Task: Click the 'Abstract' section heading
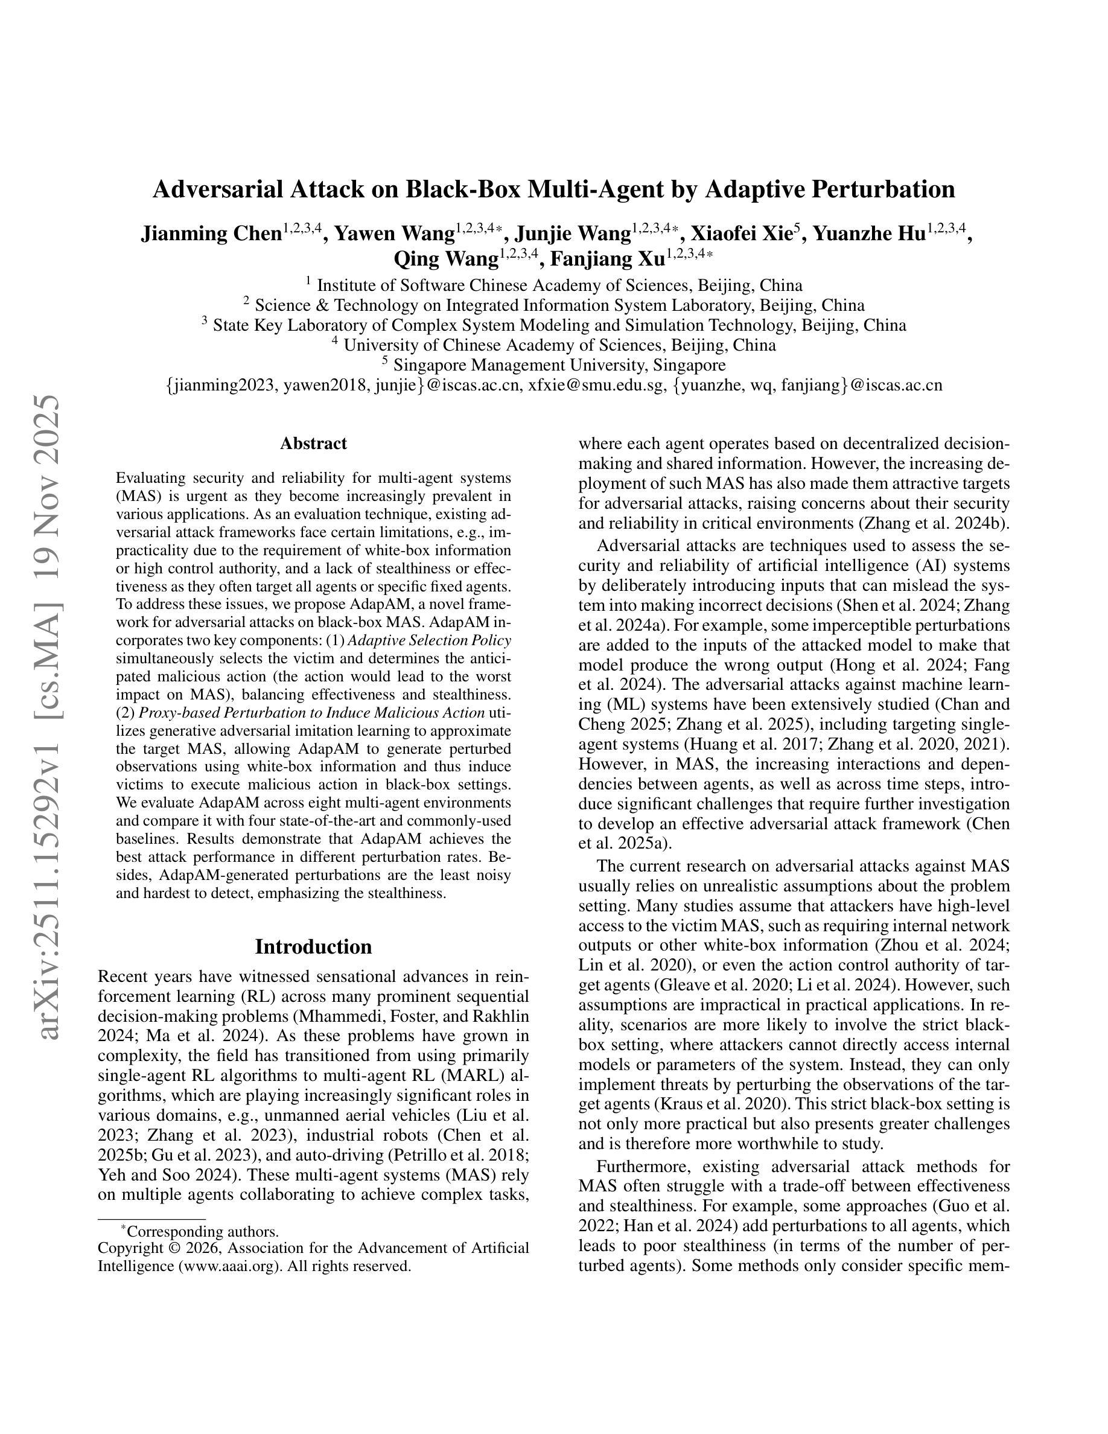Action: (313, 443)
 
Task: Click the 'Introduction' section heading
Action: (313, 946)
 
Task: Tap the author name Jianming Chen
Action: (211, 234)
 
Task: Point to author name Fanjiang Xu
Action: (607, 260)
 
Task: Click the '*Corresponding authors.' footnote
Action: (200, 1231)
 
